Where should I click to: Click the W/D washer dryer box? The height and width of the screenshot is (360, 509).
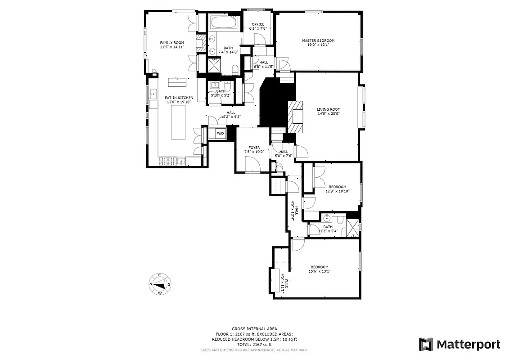coord(221,134)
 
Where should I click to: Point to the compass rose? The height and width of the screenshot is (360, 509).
coord(160,284)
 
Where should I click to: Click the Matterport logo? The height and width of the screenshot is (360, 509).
coord(459,345)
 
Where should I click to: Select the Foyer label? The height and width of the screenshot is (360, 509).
coord(254,148)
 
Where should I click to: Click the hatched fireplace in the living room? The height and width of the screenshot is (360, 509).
coord(296,117)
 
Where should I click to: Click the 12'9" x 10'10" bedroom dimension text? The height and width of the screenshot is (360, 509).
coord(338,191)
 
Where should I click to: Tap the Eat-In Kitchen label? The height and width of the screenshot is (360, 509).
coord(179,98)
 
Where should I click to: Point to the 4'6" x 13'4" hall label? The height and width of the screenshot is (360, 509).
coord(293,211)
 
